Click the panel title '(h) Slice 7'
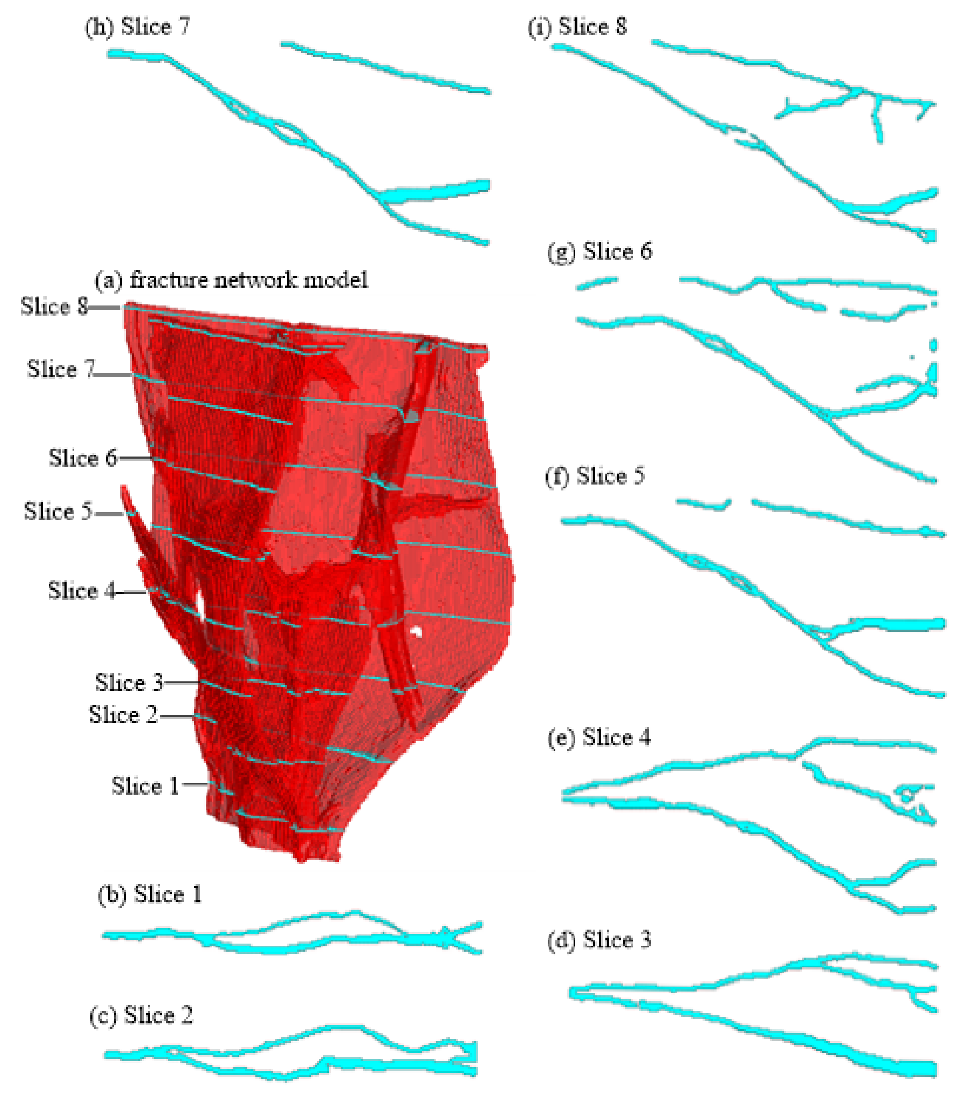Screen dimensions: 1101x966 137,27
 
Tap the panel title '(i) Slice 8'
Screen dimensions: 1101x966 577,27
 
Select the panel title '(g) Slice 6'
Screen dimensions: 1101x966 599,252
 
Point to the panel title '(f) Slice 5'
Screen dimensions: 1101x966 594,476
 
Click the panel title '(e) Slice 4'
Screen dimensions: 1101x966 599,737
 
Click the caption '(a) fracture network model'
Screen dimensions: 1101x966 232,280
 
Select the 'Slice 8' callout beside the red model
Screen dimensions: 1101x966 54,306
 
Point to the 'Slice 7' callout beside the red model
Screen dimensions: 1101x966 60,370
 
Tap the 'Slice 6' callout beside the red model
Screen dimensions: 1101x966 82,458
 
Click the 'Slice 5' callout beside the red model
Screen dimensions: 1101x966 58,511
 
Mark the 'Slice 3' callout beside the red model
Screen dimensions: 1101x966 129,683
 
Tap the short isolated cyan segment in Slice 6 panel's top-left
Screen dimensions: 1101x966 596,283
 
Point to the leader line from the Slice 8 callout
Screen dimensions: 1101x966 104,308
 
